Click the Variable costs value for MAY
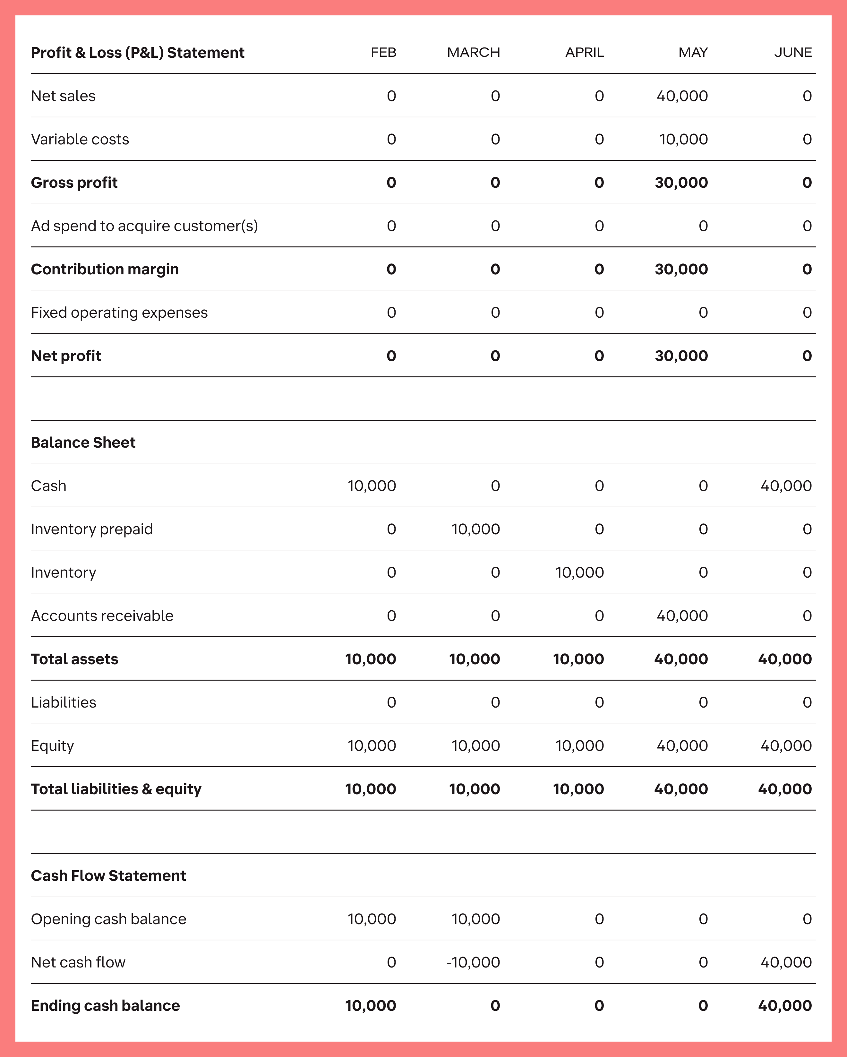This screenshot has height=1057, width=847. [x=683, y=139]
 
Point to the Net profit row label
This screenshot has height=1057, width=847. [x=66, y=356]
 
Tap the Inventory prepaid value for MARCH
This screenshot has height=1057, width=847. [x=475, y=529]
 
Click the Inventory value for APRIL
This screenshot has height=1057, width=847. [x=579, y=573]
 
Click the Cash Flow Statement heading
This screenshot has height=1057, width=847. [x=108, y=876]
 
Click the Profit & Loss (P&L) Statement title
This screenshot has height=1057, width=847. [x=137, y=52]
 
